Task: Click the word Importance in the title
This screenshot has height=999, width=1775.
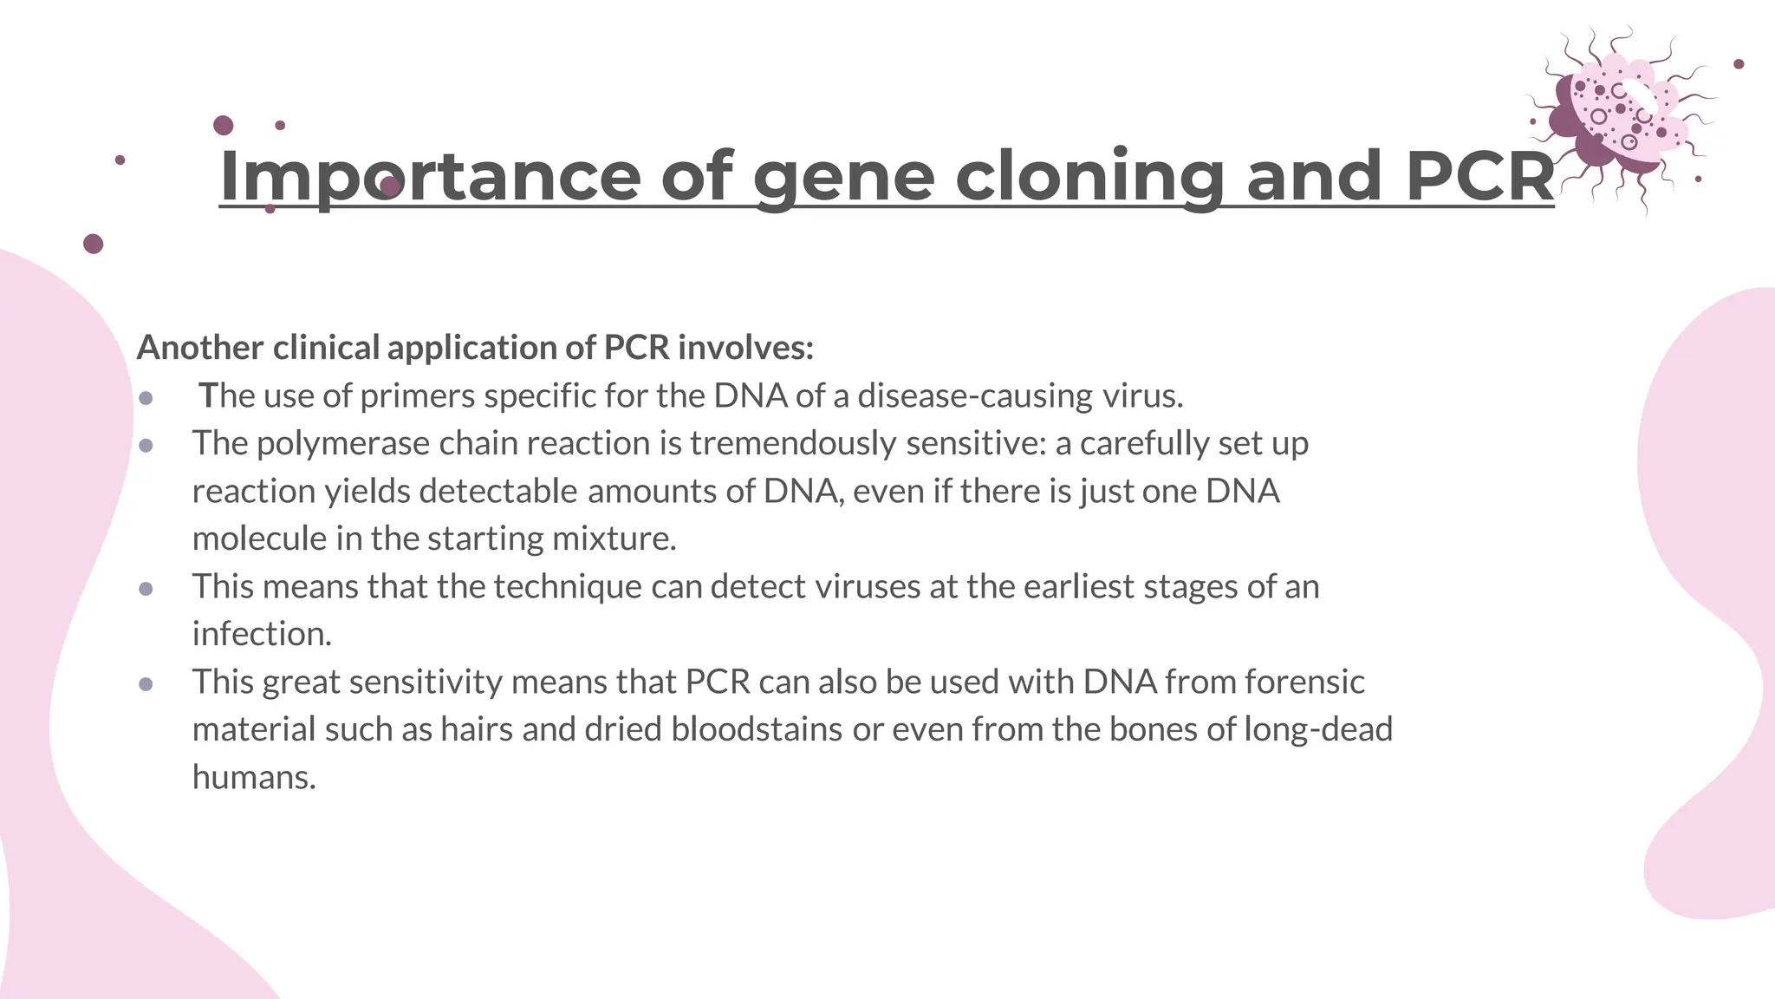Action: [430, 177]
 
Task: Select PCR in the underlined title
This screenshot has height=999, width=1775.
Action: [1479, 177]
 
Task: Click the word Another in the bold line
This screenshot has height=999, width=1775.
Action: [200, 348]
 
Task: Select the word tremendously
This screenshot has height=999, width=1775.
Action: [793, 444]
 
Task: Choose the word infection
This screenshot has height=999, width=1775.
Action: [262, 634]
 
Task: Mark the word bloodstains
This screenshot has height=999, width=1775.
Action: [757, 729]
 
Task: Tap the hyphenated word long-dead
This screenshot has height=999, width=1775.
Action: [1318, 729]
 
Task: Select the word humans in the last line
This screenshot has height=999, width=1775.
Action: [253, 777]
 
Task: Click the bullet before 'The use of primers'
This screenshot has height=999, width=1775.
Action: [146, 398]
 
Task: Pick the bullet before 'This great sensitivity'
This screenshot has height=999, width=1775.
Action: [146, 684]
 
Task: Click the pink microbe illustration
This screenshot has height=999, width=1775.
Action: [1617, 117]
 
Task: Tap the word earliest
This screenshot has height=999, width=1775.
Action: [1078, 587]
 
